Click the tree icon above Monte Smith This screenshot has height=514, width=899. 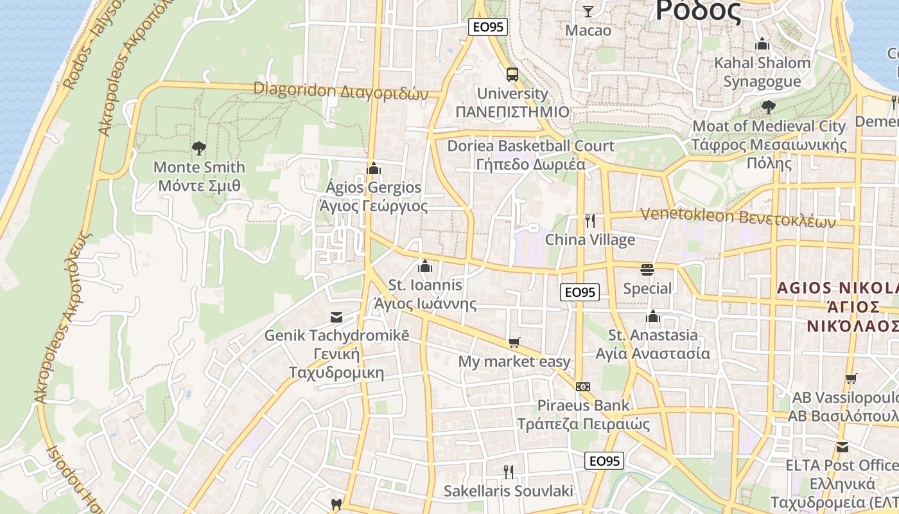(x=199, y=148)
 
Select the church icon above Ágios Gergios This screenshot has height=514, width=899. (x=373, y=168)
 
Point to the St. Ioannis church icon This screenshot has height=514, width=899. (x=424, y=265)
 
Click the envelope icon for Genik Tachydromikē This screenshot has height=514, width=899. (x=336, y=317)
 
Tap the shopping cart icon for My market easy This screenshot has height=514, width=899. (x=514, y=343)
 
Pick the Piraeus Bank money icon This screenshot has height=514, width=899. (x=583, y=386)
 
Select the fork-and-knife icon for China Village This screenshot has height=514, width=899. (x=590, y=221)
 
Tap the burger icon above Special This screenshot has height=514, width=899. (x=647, y=269)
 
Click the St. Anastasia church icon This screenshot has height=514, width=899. (x=653, y=316)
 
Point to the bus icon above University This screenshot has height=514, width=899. (x=512, y=75)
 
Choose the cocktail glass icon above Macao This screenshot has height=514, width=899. (x=588, y=11)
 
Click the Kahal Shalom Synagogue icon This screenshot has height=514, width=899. (x=762, y=44)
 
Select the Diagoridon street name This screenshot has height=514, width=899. (x=340, y=91)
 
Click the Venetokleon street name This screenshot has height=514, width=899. (x=738, y=217)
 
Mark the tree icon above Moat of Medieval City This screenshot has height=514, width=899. (x=768, y=107)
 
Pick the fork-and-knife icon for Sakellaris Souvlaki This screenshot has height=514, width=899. (x=508, y=472)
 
